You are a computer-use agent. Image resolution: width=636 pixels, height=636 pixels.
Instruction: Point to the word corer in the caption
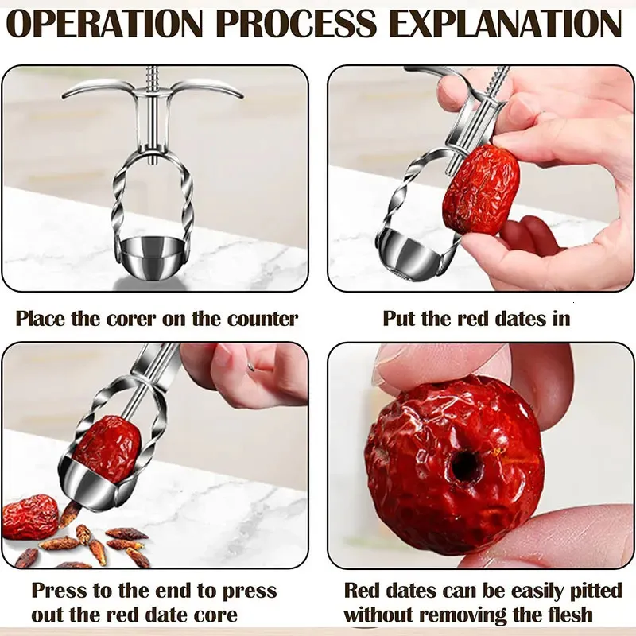[130, 320]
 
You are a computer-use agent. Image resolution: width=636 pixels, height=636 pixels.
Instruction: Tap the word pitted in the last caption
[595, 591]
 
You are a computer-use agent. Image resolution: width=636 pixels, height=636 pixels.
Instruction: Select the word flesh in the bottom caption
[567, 614]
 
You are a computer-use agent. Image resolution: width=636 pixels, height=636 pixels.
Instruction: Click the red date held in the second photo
[480, 189]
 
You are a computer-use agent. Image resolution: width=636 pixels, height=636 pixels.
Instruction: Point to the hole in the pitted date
[466, 465]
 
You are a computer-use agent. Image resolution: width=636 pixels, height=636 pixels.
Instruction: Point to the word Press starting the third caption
[58, 591]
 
